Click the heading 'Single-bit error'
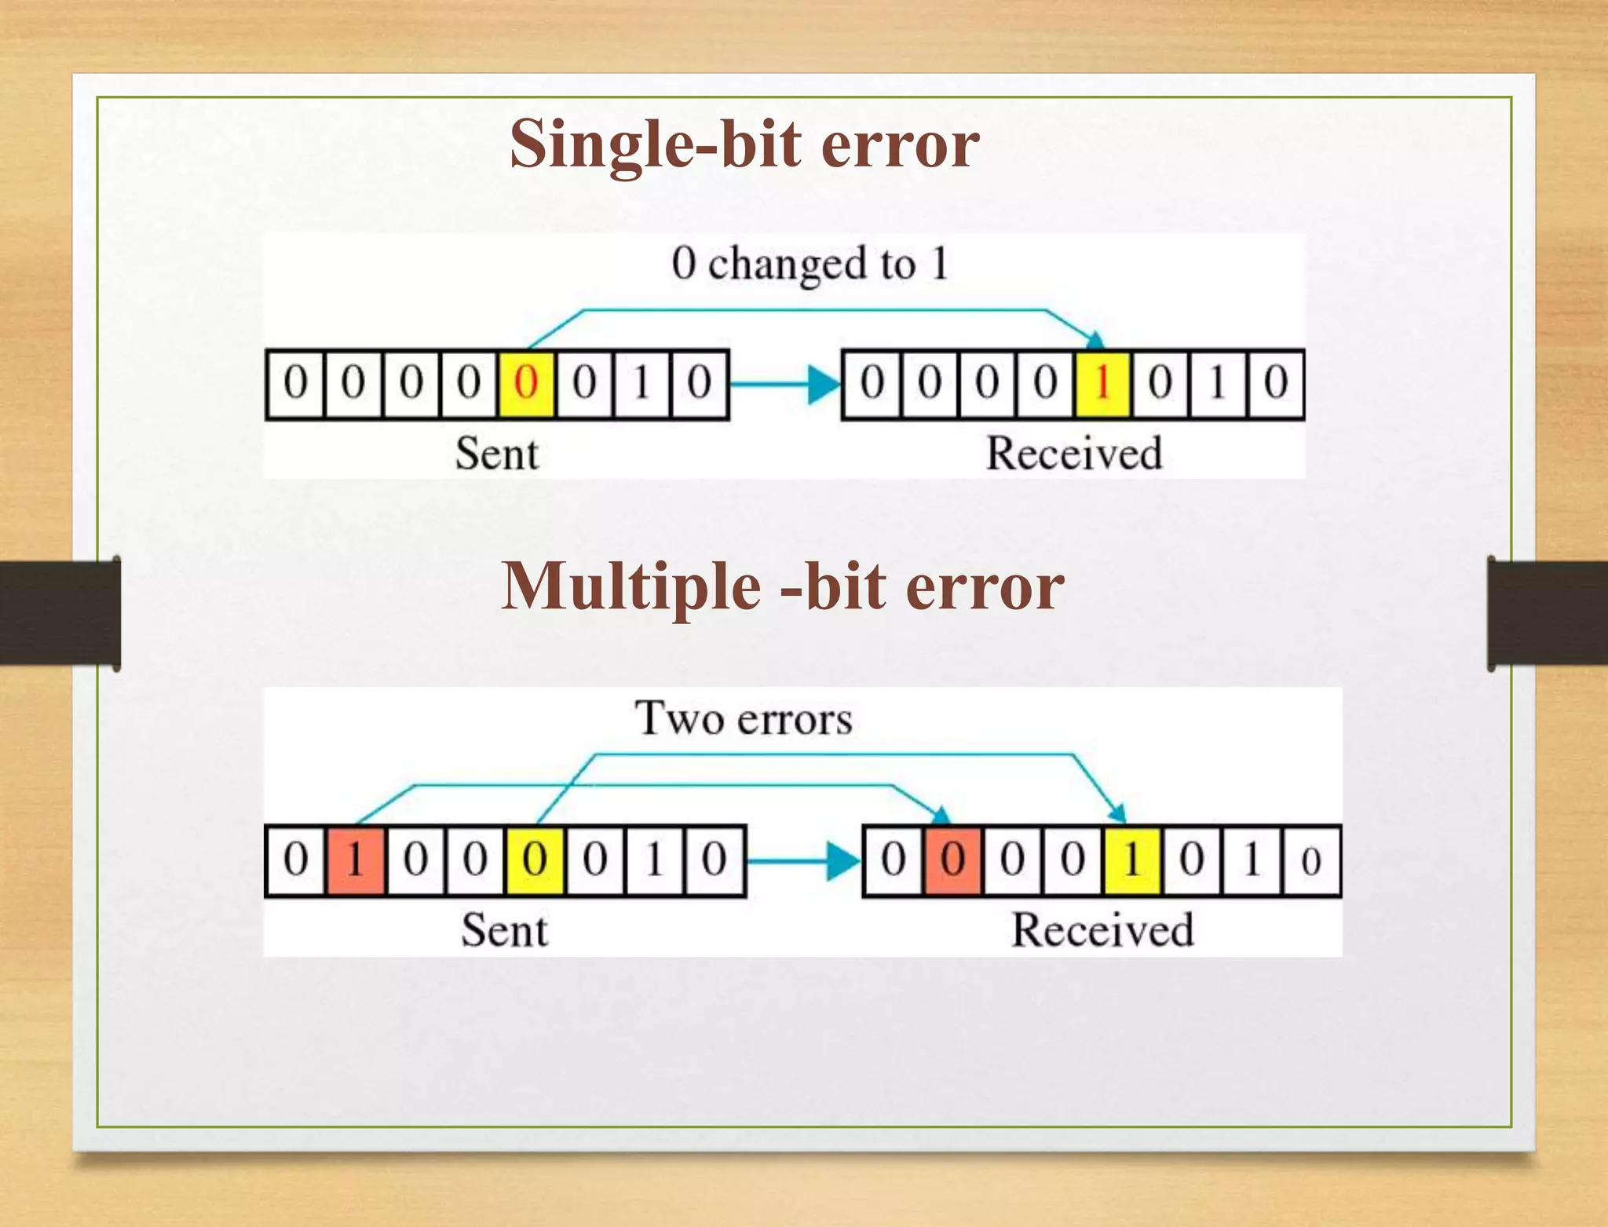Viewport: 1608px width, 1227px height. pyautogui.click(x=744, y=144)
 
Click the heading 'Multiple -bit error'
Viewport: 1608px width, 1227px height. pyautogui.click(x=782, y=586)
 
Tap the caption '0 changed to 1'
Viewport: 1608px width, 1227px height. pyautogui.click(x=809, y=263)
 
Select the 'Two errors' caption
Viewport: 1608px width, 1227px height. pyautogui.click(x=743, y=718)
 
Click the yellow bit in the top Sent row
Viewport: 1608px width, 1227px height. pyautogui.click(x=526, y=384)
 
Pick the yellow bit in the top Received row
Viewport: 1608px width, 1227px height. pyautogui.click(x=1102, y=384)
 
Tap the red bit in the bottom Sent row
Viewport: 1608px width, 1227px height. pyautogui.click(x=355, y=860)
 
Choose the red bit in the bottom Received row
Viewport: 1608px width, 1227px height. pyautogui.click(x=952, y=860)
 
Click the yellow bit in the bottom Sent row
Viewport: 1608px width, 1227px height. pyautogui.click(x=535, y=860)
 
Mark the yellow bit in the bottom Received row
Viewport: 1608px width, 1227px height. pyautogui.click(x=1131, y=860)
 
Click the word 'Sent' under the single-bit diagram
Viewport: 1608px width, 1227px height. pyautogui.click(x=497, y=454)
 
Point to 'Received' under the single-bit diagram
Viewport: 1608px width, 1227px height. pyautogui.click(x=1073, y=454)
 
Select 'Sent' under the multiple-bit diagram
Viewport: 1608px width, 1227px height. pyautogui.click(x=504, y=930)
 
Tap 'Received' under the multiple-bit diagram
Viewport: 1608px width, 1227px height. pyautogui.click(x=1102, y=930)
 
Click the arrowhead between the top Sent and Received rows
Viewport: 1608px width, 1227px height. pyautogui.click(x=824, y=385)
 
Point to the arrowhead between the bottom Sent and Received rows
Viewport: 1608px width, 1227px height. pyautogui.click(x=844, y=861)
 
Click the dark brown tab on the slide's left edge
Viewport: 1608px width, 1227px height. pyautogui.click(x=60, y=613)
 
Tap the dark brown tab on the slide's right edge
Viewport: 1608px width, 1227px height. pyautogui.click(x=1548, y=613)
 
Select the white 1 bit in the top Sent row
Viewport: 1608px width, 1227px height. pyautogui.click(x=641, y=384)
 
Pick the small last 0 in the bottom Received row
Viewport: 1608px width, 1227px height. pyautogui.click(x=1310, y=861)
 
